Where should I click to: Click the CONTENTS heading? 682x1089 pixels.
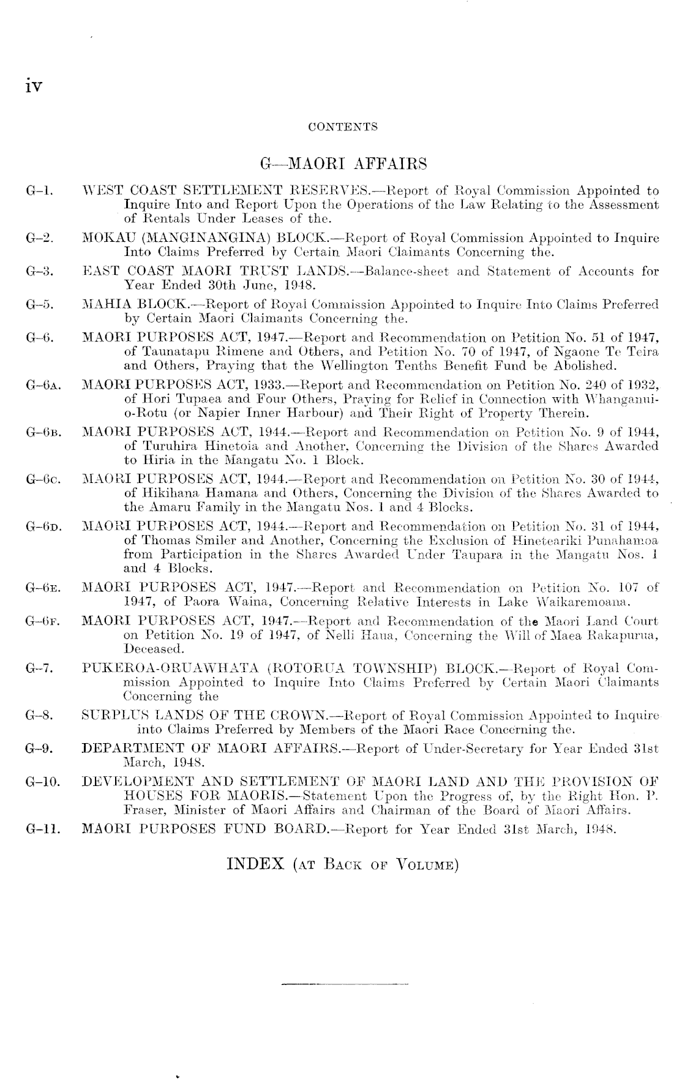(343, 127)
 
